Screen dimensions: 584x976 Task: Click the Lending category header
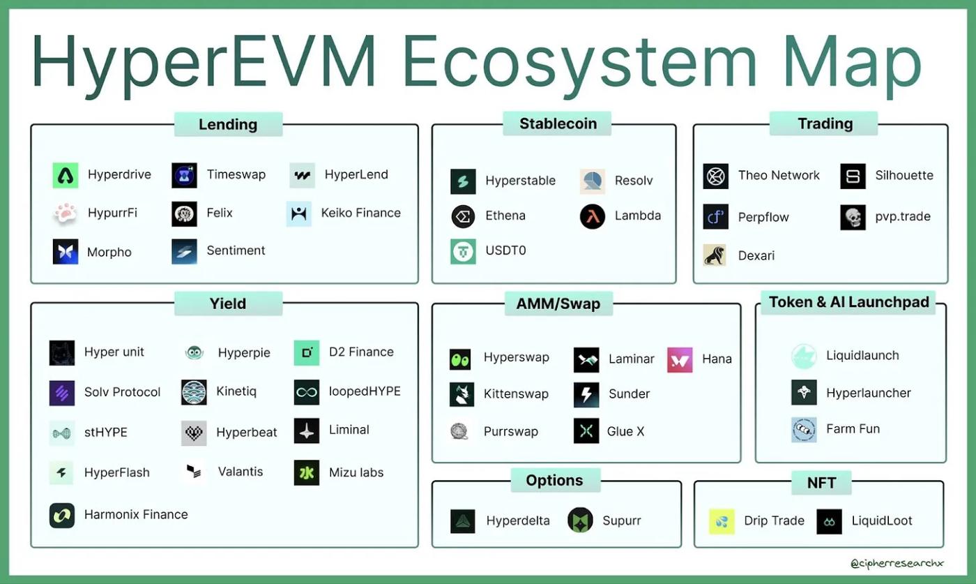pos(228,124)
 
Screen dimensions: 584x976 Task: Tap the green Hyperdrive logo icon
pos(66,175)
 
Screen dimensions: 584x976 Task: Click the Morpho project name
pos(109,252)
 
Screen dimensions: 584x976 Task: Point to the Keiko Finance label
pos(360,213)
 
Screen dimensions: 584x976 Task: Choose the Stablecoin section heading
pos(558,123)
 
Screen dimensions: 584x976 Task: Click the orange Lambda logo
pos(593,216)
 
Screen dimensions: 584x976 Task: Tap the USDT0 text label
pos(505,250)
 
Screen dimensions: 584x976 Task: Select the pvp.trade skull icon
pos(853,217)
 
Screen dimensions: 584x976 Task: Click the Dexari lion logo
pos(715,255)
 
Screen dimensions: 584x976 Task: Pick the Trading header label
pos(825,123)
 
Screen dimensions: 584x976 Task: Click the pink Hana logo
pos(680,359)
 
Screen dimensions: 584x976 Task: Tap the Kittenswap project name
pos(516,394)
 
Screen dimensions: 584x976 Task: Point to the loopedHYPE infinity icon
pos(307,392)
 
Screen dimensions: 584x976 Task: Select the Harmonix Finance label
pos(136,515)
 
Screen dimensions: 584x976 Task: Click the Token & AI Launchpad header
pos(848,302)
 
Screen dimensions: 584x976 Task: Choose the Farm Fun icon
pos(804,429)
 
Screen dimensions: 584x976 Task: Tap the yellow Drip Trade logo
pos(722,521)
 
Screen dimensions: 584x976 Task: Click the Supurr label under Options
pos(621,521)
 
